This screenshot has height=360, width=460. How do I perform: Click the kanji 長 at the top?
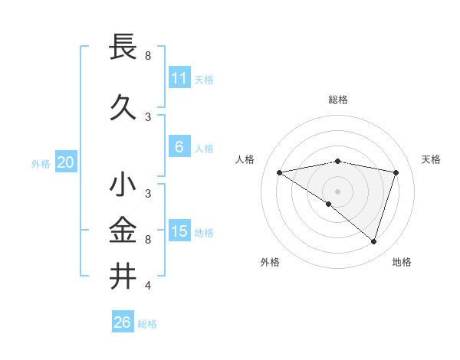(123, 47)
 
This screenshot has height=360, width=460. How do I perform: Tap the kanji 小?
(123, 185)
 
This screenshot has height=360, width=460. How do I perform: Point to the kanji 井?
(123, 275)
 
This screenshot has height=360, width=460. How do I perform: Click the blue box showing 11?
(179, 78)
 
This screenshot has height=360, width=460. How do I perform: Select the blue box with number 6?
(179, 147)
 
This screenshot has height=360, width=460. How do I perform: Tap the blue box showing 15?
(179, 231)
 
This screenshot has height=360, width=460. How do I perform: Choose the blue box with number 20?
(66, 162)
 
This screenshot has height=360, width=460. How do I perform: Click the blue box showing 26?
(123, 322)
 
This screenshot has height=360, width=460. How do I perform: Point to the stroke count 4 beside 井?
(148, 286)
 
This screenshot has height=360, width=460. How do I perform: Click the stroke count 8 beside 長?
(148, 56)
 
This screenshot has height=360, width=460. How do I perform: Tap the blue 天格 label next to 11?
(203, 80)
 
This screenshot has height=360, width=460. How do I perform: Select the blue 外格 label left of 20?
(41, 163)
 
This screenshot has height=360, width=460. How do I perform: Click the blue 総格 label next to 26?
(147, 324)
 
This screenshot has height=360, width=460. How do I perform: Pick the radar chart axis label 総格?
(338, 100)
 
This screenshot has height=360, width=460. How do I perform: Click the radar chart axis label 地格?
(402, 262)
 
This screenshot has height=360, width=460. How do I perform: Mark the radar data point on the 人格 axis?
(280, 172)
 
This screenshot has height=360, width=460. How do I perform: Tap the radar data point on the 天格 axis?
(396, 172)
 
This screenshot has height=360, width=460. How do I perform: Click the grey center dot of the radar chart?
(337, 191)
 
